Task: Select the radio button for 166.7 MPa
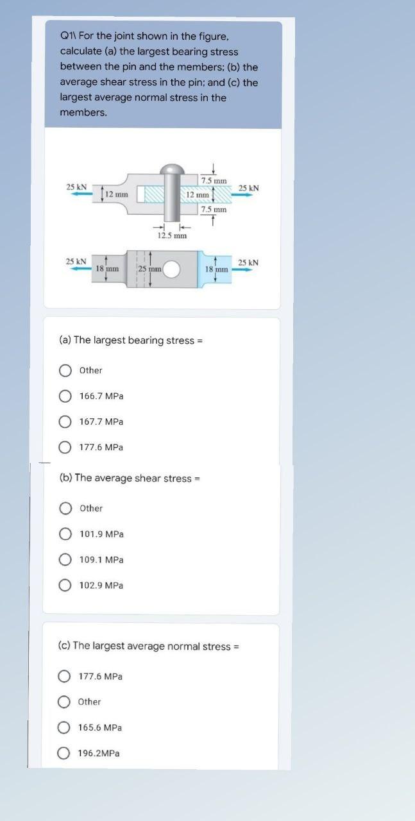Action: click(65, 396)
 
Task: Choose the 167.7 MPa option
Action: click(65, 421)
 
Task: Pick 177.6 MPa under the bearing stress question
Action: click(65, 447)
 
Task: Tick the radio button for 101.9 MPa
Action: click(65, 534)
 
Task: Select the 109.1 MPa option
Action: click(65, 559)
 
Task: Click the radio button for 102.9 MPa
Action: click(65, 585)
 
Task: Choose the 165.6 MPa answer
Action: click(64, 727)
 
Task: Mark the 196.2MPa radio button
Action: click(64, 753)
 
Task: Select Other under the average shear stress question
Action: click(65, 508)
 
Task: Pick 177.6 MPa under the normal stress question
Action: click(64, 676)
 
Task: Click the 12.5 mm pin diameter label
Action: click(172, 235)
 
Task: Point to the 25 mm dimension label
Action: click(148, 268)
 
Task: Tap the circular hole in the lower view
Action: click(171, 269)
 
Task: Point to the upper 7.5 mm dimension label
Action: click(214, 180)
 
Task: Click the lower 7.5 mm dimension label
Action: click(214, 209)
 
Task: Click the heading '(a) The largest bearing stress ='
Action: click(131, 340)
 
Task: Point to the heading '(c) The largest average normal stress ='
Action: click(148, 646)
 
